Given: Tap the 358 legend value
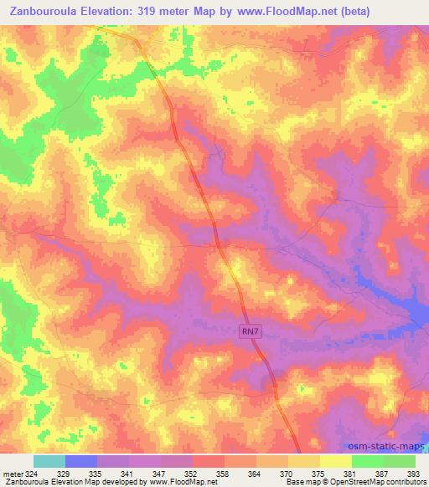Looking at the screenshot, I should (224, 474).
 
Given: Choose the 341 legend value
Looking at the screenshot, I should (129, 474).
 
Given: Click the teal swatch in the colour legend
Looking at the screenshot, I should (49, 461).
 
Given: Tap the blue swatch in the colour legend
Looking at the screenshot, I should (81, 461).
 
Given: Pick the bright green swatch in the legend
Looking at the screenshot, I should (367, 461).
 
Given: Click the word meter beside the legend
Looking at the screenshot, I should (12, 474).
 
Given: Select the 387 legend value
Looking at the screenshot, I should (382, 474).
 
